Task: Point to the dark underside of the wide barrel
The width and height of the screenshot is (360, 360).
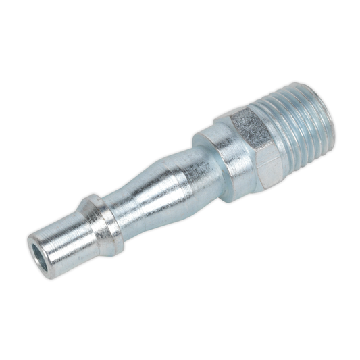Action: tap(196, 196)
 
